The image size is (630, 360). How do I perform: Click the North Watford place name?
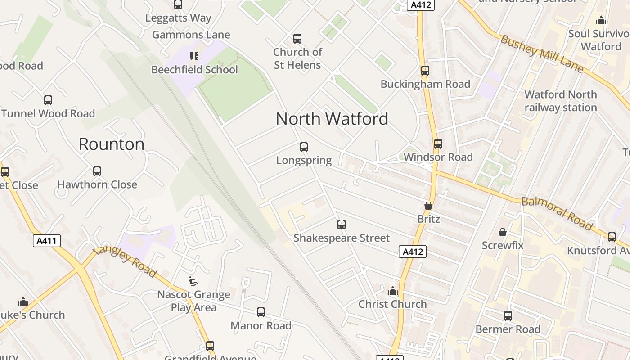pos(332,119)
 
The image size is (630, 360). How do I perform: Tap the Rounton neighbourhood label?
pos(112,144)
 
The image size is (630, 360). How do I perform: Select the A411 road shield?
pos(47,241)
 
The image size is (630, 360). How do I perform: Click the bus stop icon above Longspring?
pos(304,147)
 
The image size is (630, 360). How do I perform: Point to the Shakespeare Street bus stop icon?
pos(342,224)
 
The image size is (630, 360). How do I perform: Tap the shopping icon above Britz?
pos(428,206)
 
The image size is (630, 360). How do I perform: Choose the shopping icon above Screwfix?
pos(503,232)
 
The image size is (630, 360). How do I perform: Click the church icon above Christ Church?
pos(393,291)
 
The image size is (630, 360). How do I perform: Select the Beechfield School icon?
pos(194,56)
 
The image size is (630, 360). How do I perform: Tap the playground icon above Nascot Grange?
pos(193,281)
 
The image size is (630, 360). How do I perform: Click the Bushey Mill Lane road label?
pos(542,54)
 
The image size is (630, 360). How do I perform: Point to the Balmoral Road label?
pos(557,213)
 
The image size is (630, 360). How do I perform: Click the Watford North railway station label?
pos(561,101)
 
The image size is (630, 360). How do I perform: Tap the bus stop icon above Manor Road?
pos(261,312)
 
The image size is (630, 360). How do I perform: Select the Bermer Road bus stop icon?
pos(508,316)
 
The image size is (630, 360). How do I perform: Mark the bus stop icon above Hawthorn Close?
pos(97,171)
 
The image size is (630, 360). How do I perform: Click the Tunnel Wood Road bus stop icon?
pos(48,100)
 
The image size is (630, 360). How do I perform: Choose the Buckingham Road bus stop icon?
pos(425,71)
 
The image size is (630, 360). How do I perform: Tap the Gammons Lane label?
pos(191,35)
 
